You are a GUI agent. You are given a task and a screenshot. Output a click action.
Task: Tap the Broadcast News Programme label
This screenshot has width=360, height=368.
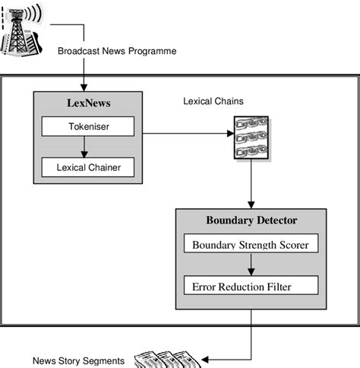pyautogui.click(x=117, y=51)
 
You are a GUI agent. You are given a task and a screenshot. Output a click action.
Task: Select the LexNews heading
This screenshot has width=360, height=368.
pyautogui.click(x=87, y=103)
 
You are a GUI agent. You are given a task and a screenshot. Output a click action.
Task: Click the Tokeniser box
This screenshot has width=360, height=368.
pyautogui.click(x=87, y=126)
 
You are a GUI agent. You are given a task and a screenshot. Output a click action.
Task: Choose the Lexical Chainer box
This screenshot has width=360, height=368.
pyautogui.click(x=87, y=167)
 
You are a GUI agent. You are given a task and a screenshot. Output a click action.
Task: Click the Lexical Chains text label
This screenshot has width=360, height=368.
pyautogui.click(x=213, y=100)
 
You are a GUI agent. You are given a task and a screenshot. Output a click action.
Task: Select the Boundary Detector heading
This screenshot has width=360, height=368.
pyautogui.click(x=251, y=220)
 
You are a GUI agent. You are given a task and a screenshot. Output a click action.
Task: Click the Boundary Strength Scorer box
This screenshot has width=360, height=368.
pyautogui.click(x=251, y=245)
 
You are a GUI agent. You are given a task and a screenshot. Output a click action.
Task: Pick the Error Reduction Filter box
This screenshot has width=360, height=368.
pyautogui.click(x=251, y=287)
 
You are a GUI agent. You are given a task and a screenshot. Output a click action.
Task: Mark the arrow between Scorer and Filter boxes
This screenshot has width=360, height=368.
pyautogui.click(x=251, y=266)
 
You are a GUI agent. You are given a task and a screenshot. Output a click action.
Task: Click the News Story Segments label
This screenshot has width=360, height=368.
pyautogui.click(x=78, y=360)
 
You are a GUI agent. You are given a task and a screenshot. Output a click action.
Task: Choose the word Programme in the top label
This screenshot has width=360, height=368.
pyautogui.click(x=153, y=51)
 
